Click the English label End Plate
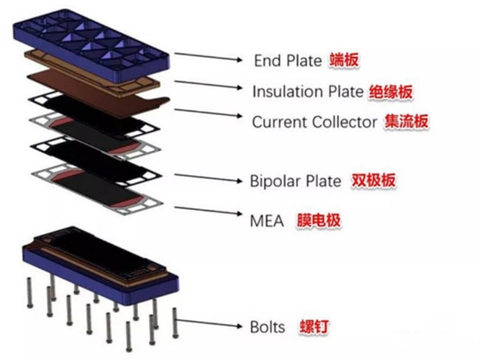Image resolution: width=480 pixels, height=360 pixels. coord(287,60)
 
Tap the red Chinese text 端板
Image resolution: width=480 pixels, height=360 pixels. coord(344,60)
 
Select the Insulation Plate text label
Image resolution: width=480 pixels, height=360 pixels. coord(307,91)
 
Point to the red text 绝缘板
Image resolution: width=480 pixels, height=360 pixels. coord(390,92)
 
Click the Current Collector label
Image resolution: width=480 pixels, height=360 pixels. coord(314,122)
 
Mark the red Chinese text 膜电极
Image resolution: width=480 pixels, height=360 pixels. coord(319,221)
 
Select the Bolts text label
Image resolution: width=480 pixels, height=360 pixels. coord(267,327)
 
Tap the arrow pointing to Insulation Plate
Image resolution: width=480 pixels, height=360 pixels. coord(209,86)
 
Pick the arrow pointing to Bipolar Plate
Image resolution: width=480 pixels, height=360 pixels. coord(209,177)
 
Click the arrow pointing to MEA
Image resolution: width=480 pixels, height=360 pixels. coord(209,213)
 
